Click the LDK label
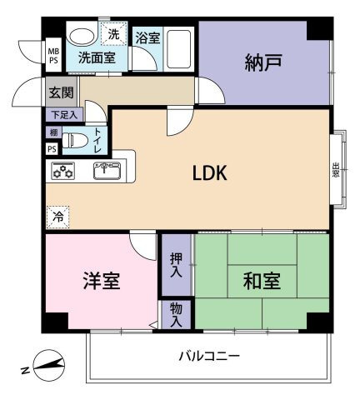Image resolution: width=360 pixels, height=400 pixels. [210, 173]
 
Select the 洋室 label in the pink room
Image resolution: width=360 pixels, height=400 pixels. [101, 281]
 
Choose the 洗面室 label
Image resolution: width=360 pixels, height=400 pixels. [97, 58]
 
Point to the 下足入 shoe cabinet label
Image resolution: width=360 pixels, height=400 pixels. [62, 114]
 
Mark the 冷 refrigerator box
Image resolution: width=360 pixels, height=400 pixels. [57, 215]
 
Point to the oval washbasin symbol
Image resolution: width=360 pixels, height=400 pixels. [82, 36]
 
